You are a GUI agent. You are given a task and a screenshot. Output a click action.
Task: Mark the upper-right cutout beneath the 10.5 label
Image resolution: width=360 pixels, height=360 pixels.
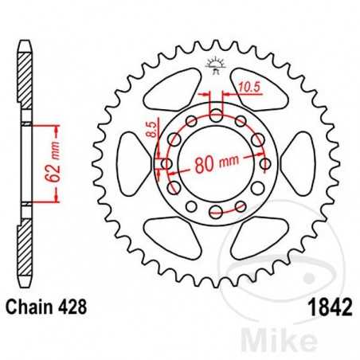click(259, 94)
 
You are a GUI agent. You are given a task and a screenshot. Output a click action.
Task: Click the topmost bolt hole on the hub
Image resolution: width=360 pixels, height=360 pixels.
click(216, 116)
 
